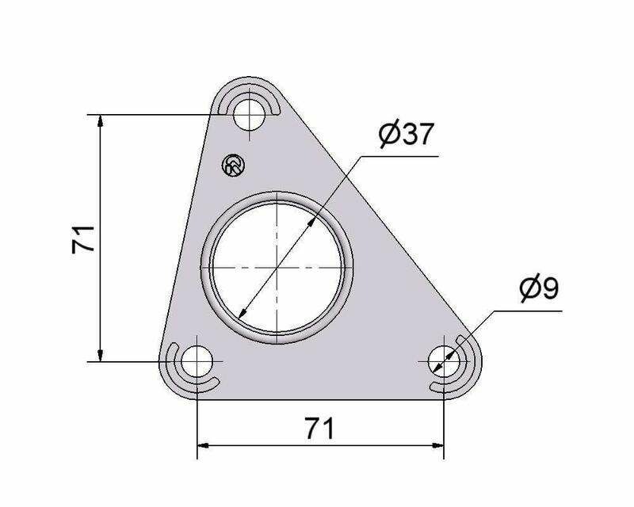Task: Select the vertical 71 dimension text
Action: click(83, 239)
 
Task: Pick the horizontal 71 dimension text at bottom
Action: click(320, 429)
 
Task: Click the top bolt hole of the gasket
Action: click(250, 114)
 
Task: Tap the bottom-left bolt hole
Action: click(197, 361)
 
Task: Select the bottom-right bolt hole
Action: click(444, 361)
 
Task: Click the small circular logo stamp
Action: click(234, 166)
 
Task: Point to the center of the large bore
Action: click(277, 268)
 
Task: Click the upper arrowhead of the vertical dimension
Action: click(101, 120)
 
